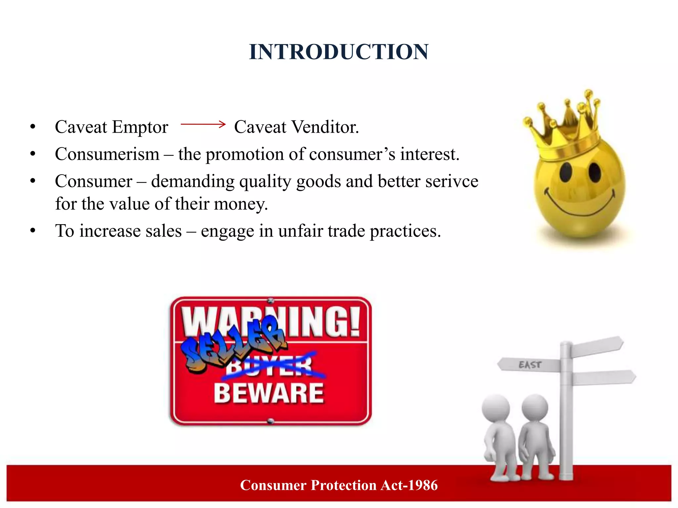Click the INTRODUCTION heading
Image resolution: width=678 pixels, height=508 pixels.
(339, 52)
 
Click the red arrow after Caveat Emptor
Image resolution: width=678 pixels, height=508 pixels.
(203, 124)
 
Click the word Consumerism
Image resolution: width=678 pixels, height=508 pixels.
(107, 154)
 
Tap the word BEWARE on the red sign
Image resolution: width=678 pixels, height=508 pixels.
(268, 393)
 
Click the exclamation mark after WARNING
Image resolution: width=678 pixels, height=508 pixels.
(355, 321)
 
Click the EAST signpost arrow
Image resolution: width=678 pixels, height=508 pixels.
(529, 365)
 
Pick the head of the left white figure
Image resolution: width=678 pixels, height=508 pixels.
(496, 408)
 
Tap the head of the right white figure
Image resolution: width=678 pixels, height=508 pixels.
(535, 407)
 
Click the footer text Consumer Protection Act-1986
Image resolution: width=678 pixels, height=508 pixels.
(339, 485)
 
